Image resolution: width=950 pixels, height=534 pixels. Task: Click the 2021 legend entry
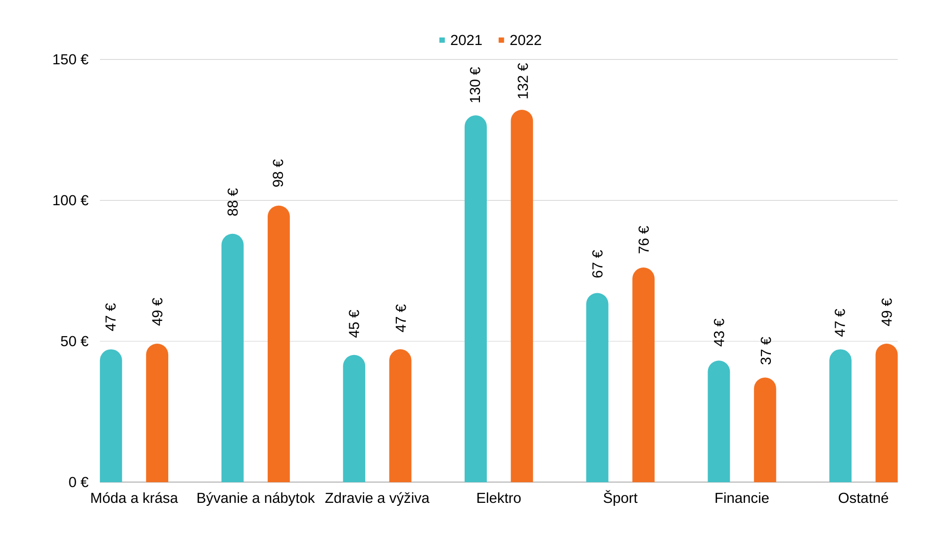click(x=461, y=40)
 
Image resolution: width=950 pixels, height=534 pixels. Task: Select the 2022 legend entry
click(x=520, y=40)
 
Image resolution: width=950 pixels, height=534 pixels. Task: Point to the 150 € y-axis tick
click(x=70, y=60)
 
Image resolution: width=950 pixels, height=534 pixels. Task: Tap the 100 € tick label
click(x=70, y=201)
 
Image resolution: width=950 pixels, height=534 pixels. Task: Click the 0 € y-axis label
click(x=78, y=482)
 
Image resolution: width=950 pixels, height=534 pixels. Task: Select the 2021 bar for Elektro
click(x=475, y=299)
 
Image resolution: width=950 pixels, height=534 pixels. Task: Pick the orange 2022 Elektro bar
click(x=522, y=297)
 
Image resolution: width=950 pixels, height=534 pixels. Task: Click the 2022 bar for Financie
click(x=764, y=430)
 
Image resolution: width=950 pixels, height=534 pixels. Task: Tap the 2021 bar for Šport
click(x=597, y=388)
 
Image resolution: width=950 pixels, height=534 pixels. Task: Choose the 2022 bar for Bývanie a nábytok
click(x=279, y=344)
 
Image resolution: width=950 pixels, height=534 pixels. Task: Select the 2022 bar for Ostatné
click(x=886, y=413)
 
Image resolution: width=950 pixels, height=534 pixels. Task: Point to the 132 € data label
click(x=522, y=81)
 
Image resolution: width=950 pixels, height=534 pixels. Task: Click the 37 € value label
click(x=765, y=351)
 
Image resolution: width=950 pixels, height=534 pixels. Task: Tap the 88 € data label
click(x=233, y=202)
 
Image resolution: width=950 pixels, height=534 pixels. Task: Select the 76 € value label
click(x=643, y=240)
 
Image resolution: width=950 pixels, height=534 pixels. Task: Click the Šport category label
click(x=620, y=498)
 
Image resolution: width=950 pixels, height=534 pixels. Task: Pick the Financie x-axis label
click(x=741, y=498)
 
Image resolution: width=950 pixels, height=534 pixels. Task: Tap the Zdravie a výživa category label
click(x=377, y=498)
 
